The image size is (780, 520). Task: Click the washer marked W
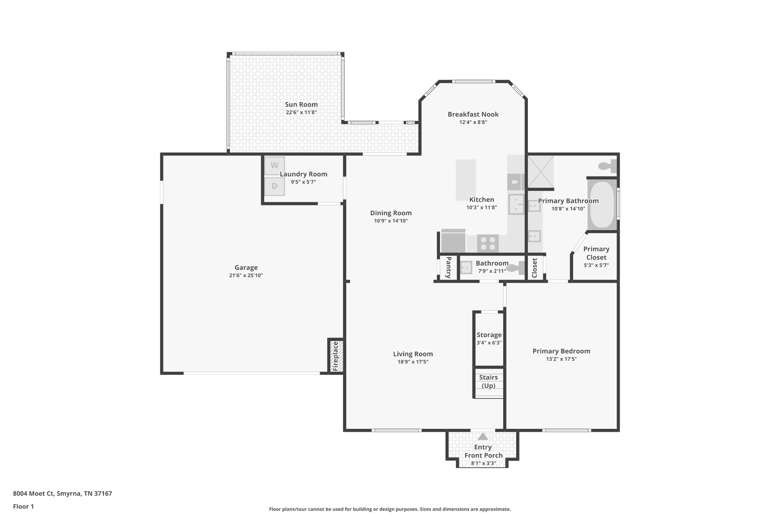coord(275,166)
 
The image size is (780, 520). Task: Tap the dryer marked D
coord(275,187)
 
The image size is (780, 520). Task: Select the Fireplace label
coord(336,356)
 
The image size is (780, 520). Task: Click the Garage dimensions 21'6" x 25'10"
coord(246,275)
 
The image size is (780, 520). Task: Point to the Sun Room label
coord(301,104)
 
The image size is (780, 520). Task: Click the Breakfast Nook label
coord(473,114)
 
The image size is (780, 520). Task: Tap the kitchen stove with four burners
coord(487,243)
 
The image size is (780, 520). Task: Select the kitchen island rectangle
coord(466,180)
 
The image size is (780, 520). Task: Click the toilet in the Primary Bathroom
coord(608,166)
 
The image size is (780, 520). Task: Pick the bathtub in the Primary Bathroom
coord(602,205)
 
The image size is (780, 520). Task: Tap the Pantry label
coord(448,267)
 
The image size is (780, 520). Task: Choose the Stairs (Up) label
coord(488,381)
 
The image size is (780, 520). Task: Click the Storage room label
coord(489,335)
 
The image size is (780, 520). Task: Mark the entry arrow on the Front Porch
coord(483,437)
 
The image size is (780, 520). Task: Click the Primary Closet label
coord(596,253)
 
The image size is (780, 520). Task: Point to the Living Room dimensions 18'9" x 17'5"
coord(413,362)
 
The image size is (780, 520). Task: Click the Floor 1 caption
coord(23,507)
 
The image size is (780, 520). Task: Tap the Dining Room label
coord(391,213)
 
